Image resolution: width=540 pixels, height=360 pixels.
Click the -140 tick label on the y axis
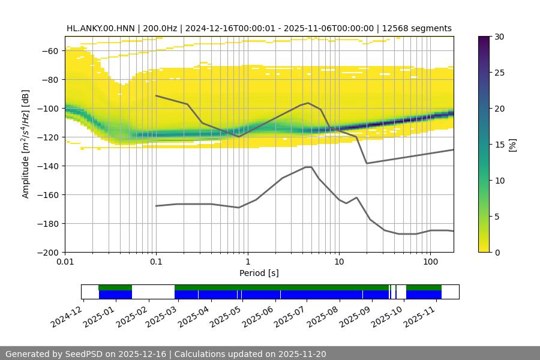click(49, 166)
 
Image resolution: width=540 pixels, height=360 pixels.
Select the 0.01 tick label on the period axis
click(65, 262)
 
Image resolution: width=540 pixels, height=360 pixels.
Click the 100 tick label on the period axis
click(430, 262)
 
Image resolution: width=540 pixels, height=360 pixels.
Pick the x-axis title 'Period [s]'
click(259, 273)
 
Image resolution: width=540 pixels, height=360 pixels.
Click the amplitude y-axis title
click(26, 144)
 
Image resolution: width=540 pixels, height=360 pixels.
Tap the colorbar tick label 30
click(499, 37)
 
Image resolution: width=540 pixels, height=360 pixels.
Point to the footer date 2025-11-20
click(302, 354)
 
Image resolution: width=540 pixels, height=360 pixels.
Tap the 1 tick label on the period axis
click(247, 262)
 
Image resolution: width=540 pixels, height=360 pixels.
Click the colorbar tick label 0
click(497, 253)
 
